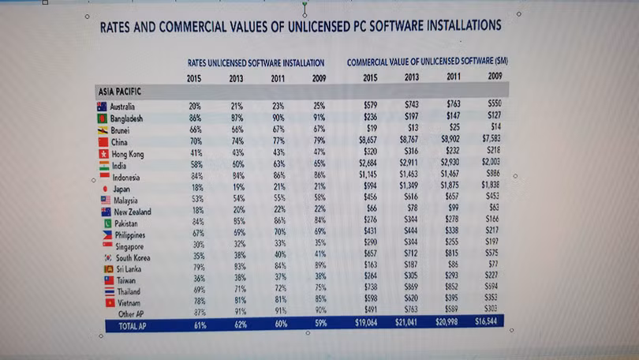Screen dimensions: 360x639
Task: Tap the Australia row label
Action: coord(122,107)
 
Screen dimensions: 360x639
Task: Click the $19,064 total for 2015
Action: coord(366,323)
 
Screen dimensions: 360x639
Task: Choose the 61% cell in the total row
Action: coord(200,324)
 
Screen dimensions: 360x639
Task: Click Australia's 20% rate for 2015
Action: coord(195,105)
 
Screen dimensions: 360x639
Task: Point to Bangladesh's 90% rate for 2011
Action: coord(278,117)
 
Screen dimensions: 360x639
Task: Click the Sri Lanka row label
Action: coord(128,269)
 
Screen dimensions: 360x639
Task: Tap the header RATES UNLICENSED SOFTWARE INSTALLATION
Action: coord(256,62)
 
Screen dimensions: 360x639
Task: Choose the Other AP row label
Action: coord(128,313)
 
